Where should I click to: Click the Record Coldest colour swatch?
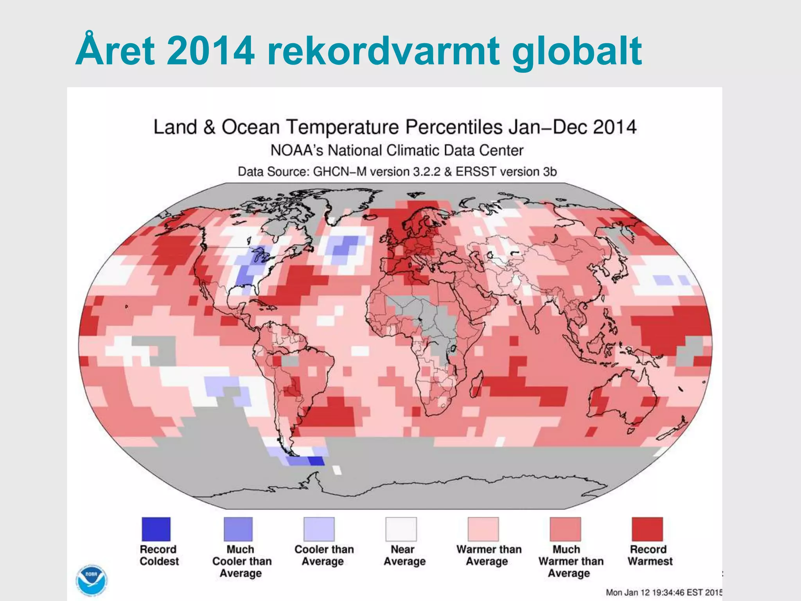(x=156, y=529)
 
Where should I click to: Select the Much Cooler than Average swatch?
(x=238, y=529)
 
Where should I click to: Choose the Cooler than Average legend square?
(x=319, y=529)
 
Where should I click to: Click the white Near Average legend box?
(x=401, y=529)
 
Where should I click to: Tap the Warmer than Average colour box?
(x=483, y=529)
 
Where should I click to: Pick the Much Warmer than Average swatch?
(x=566, y=529)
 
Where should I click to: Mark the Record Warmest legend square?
(x=648, y=529)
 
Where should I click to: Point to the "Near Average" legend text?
(x=404, y=555)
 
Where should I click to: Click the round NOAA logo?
(x=92, y=580)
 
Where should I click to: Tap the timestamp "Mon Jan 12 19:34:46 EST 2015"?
(x=664, y=592)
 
